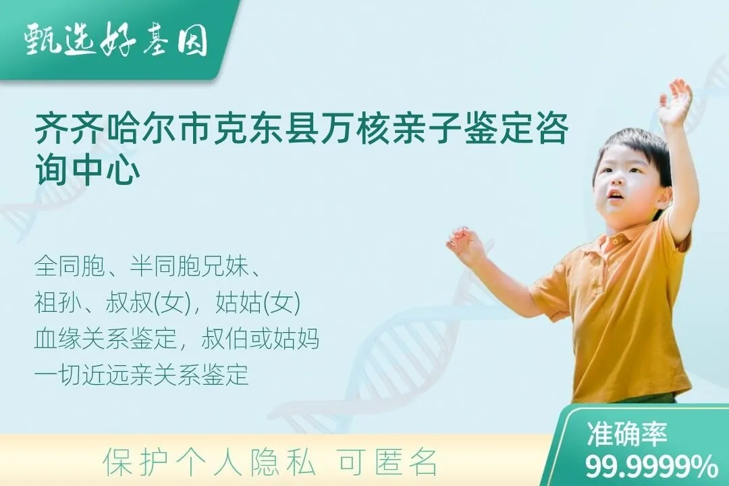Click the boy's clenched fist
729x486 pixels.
click(x=465, y=244)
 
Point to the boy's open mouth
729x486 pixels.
click(x=615, y=196)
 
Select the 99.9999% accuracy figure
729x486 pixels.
click(x=651, y=466)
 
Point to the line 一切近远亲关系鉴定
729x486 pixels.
click(x=142, y=375)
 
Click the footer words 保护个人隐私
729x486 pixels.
click(x=209, y=462)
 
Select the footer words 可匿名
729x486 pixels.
click(x=388, y=462)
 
